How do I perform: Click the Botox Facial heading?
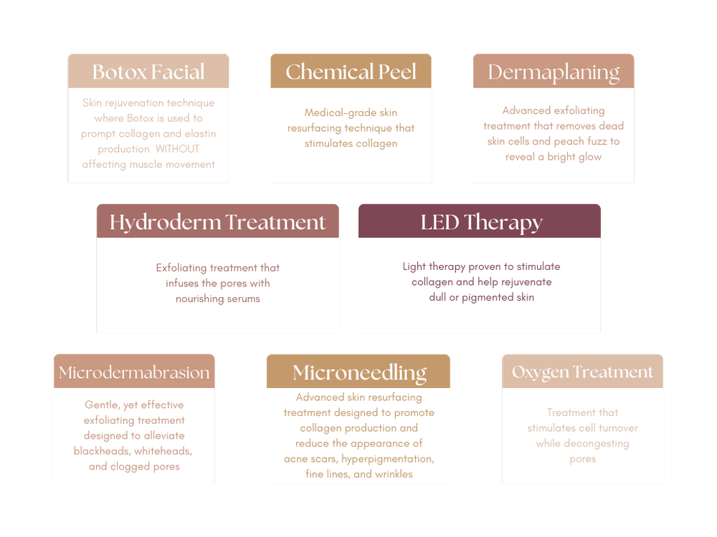click(148, 72)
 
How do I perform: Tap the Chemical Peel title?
click(351, 72)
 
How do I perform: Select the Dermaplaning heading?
click(554, 72)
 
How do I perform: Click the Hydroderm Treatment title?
click(217, 222)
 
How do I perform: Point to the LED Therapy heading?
click(479, 222)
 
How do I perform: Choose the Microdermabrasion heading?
click(134, 372)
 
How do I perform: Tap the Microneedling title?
click(359, 372)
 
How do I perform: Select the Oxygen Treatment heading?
click(582, 372)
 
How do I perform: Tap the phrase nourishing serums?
click(217, 298)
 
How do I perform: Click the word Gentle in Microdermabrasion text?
click(101, 405)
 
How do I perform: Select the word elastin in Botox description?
click(200, 134)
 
